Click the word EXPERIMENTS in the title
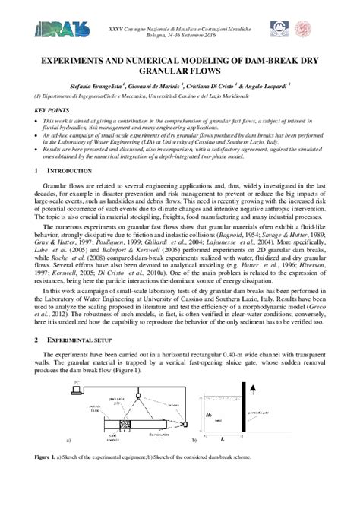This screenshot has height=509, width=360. point(81,58)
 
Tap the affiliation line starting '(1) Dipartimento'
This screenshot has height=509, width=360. point(152,97)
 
